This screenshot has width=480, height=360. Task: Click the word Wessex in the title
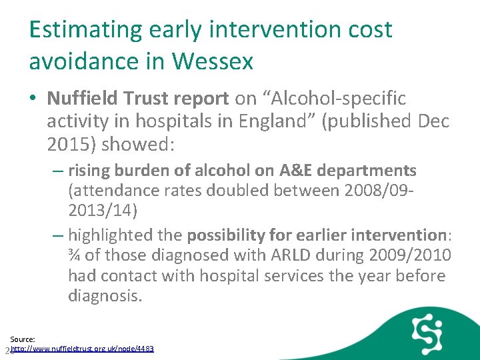point(213,61)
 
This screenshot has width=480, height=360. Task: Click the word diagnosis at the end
point(105,295)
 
